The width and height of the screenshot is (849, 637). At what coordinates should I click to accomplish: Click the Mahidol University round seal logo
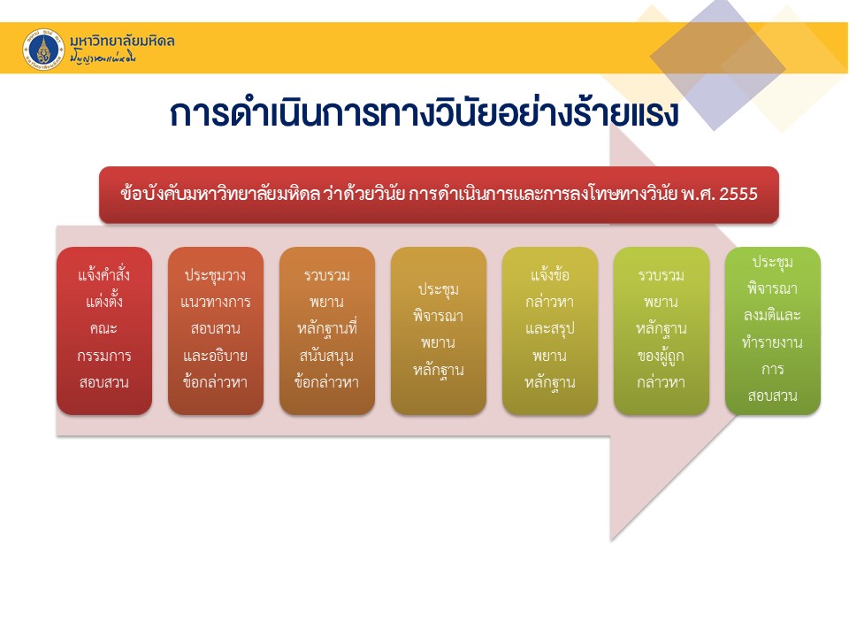(43, 50)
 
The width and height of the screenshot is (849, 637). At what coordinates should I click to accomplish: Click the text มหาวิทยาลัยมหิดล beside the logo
(122, 41)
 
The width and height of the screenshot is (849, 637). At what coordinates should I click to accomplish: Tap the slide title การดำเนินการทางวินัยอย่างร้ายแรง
(424, 112)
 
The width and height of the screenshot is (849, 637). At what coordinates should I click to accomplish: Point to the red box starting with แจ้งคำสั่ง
(104, 330)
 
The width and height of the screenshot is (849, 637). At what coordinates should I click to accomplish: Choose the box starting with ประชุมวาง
(216, 330)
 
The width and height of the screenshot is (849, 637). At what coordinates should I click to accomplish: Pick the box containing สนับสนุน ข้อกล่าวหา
(327, 330)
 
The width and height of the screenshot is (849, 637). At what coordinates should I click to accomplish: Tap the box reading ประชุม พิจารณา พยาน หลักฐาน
(439, 330)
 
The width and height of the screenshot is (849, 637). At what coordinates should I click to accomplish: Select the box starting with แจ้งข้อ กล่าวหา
(550, 330)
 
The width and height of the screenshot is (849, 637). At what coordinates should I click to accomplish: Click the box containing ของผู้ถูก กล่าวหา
(662, 330)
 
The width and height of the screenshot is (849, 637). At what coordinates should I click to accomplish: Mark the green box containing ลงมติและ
(773, 330)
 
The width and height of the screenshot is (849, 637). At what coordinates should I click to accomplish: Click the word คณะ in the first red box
(104, 328)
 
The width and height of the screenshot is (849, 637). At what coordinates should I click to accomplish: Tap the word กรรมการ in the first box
(104, 356)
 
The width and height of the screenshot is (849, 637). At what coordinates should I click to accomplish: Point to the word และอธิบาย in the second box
(216, 356)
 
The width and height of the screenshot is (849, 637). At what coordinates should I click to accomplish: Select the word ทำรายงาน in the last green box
(773, 342)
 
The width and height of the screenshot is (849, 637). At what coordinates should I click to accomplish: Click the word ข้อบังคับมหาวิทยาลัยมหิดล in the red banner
(220, 194)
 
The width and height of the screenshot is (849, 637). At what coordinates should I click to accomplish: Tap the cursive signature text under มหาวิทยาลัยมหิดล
(103, 57)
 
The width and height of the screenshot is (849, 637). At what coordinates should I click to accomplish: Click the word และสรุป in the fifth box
(550, 329)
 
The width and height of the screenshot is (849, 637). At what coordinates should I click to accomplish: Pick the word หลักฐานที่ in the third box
(327, 329)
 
